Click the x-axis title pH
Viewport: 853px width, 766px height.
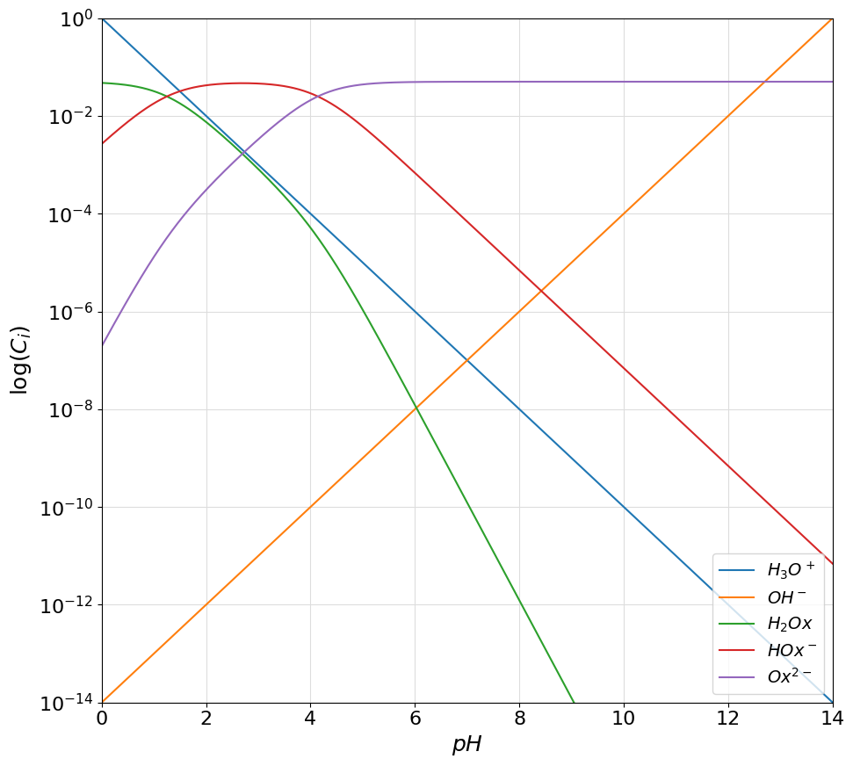[x=466, y=744]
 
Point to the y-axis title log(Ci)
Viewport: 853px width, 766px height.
[x=19, y=360]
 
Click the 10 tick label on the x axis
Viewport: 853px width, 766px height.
[x=624, y=719]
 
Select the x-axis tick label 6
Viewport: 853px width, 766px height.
[x=415, y=719]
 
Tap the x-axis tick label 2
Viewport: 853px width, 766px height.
[x=206, y=719]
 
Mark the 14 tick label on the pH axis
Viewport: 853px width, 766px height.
[x=832, y=719]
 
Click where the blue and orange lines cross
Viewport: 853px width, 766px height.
[x=467, y=360]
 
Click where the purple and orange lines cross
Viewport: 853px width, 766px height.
[x=764, y=82]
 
